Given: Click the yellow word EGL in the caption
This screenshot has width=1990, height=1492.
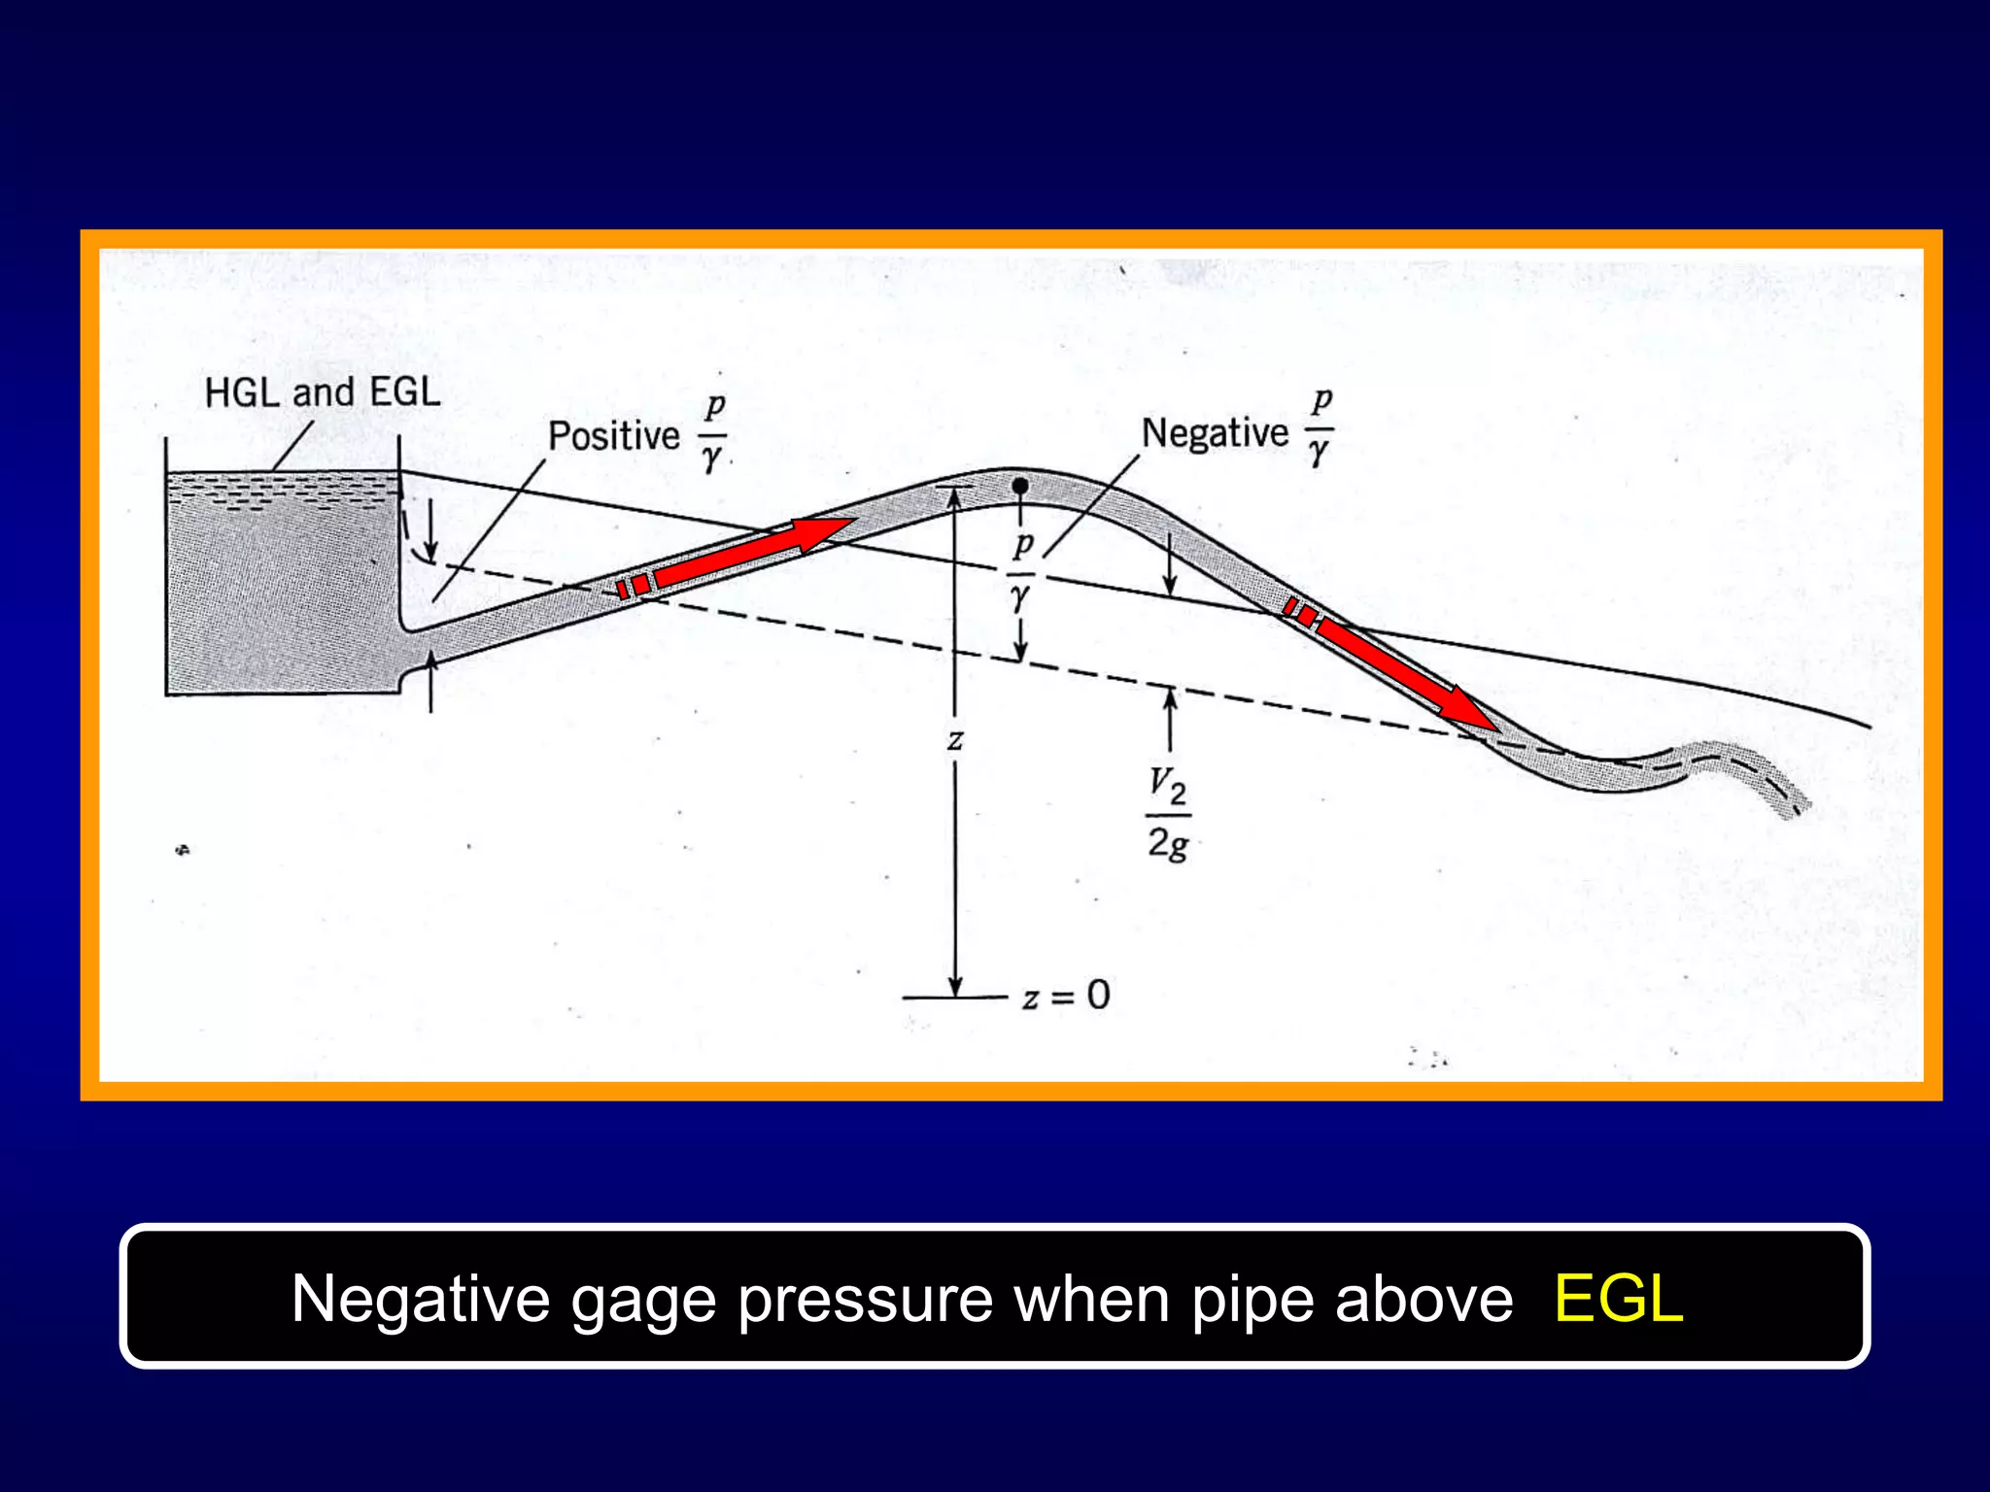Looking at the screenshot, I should (1618, 1299).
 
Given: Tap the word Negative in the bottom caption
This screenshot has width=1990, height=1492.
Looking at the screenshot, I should (420, 1299).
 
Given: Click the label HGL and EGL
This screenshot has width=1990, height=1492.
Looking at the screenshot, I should (323, 392).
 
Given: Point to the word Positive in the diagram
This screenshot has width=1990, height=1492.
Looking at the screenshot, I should (613, 435).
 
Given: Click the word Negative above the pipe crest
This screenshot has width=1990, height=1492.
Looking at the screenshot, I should (1215, 432).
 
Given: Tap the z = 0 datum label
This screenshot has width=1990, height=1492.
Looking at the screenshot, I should (1066, 996).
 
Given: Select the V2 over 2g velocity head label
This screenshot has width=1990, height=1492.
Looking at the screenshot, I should (1168, 814).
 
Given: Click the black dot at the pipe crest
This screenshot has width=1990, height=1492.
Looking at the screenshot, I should (1019, 485).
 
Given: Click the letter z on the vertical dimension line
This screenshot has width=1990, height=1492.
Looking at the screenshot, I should (955, 741).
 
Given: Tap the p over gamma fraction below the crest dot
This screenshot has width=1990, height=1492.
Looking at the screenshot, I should (1020, 573).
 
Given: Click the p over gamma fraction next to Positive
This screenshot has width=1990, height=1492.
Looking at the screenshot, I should (713, 432).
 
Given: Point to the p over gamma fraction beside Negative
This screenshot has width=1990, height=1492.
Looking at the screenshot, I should (1320, 427).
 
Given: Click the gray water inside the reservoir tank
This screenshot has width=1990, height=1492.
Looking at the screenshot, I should (282, 602).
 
